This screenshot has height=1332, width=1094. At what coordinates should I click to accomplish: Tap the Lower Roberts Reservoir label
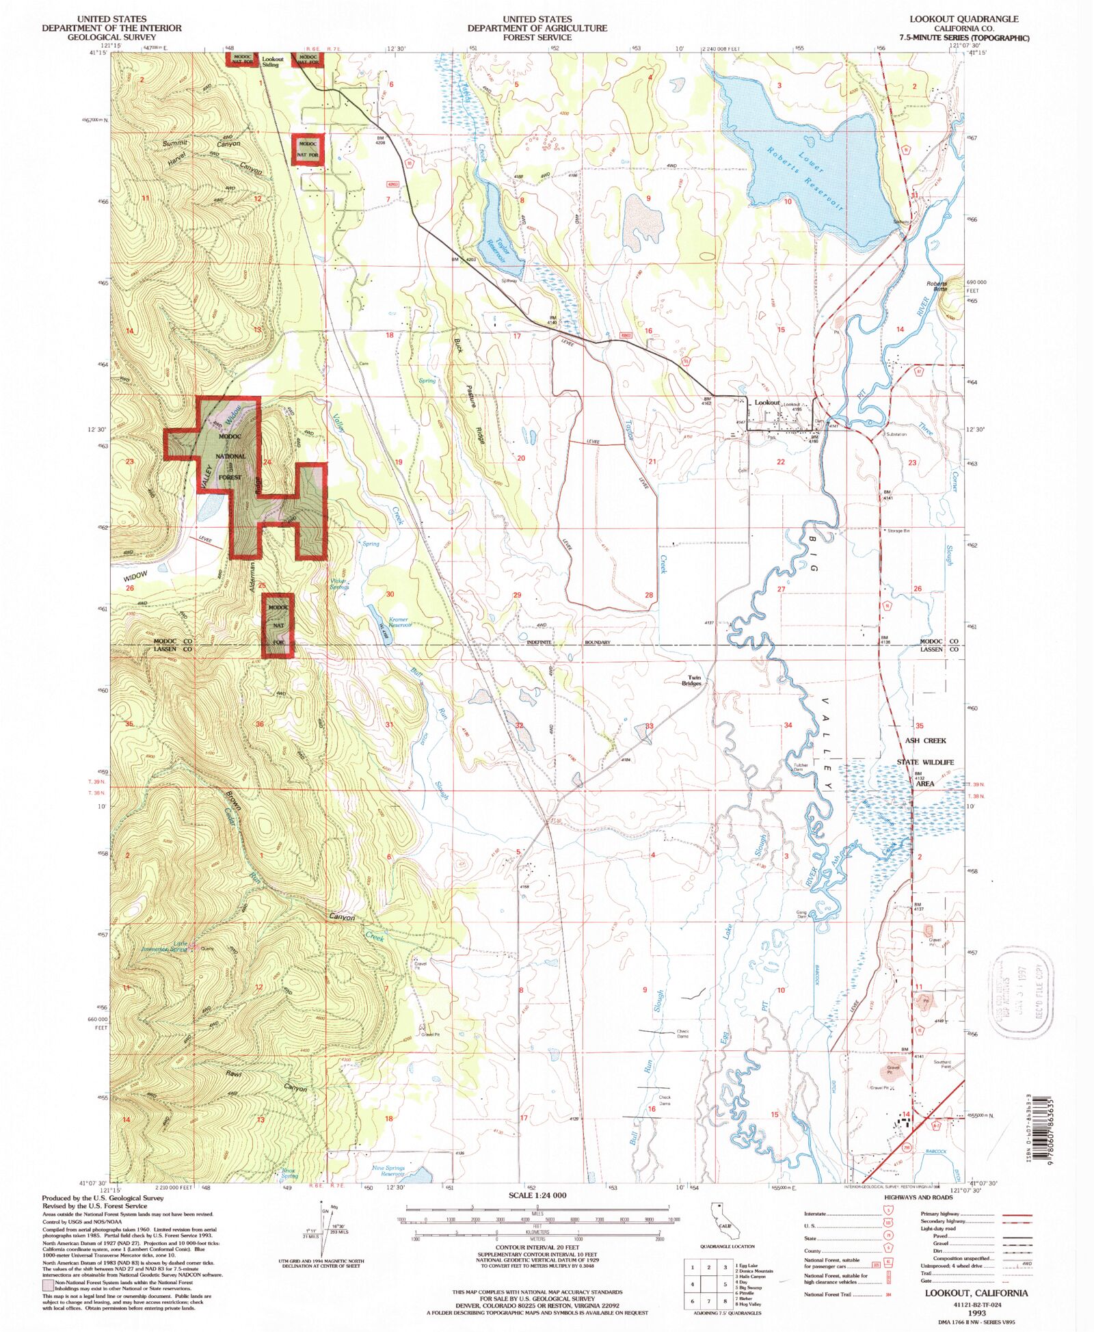tap(805, 177)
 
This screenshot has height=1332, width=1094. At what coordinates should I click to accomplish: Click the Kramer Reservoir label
tap(399, 622)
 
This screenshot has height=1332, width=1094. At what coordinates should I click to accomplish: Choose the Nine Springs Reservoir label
tap(388, 1171)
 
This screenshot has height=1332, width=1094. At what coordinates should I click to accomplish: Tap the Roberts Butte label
tap(937, 287)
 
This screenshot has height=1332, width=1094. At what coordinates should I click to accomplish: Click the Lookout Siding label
tap(272, 62)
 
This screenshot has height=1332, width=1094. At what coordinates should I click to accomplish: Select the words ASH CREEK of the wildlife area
tap(925, 741)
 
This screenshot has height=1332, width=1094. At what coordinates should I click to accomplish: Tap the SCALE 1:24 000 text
tap(537, 1195)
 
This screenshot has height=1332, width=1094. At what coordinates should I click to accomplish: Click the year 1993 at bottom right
tap(976, 1313)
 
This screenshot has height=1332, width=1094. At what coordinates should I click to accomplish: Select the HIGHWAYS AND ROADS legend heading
tap(918, 1197)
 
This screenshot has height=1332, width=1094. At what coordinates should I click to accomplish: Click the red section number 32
tap(519, 725)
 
